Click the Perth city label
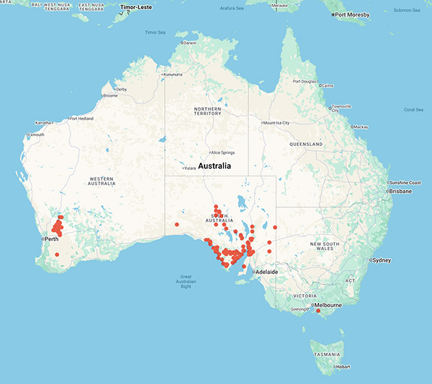tap(52, 238)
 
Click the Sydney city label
tap(381, 260)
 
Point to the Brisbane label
tap(402, 192)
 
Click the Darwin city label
tap(189, 43)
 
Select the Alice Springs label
tap(223, 152)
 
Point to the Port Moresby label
tap(353, 14)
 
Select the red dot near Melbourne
tap(318, 311)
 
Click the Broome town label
tap(110, 96)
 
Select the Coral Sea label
tap(413, 109)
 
